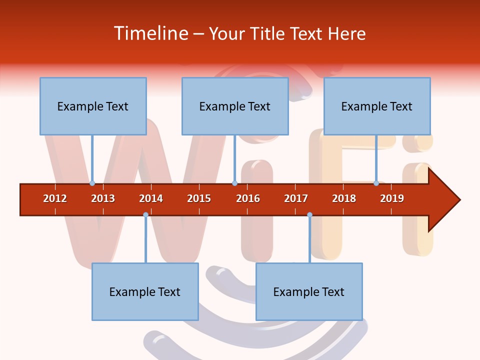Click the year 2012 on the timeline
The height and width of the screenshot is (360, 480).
pyautogui.click(x=55, y=198)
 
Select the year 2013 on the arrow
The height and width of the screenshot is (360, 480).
pyautogui.click(x=103, y=198)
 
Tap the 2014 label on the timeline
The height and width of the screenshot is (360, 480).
pyautogui.click(x=151, y=198)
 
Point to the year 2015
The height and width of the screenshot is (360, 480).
pyautogui.click(x=199, y=198)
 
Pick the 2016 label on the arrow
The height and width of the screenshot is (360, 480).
pyautogui.click(x=248, y=198)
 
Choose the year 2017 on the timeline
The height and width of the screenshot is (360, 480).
pyautogui.click(x=296, y=198)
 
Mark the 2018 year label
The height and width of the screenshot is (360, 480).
pyautogui.click(x=344, y=198)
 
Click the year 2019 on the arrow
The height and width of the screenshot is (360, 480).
pyautogui.click(x=392, y=198)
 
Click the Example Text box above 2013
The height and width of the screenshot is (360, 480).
pyautogui.click(x=93, y=106)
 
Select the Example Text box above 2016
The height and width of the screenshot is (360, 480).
pyautogui.click(x=235, y=106)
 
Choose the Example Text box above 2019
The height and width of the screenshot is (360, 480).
pyautogui.click(x=377, y=106)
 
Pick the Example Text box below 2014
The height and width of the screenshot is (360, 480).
pyautogui.click(x=145, y=291)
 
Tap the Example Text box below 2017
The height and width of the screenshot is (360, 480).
pyautogui.click(x=309, y=291)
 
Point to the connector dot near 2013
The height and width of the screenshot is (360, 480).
pyautogui.click(x=92, y=183)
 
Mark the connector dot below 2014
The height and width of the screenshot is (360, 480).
pyautogui.click(x=145, y=215)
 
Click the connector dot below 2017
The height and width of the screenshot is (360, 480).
pyautogui.click(x=309, y=215)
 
